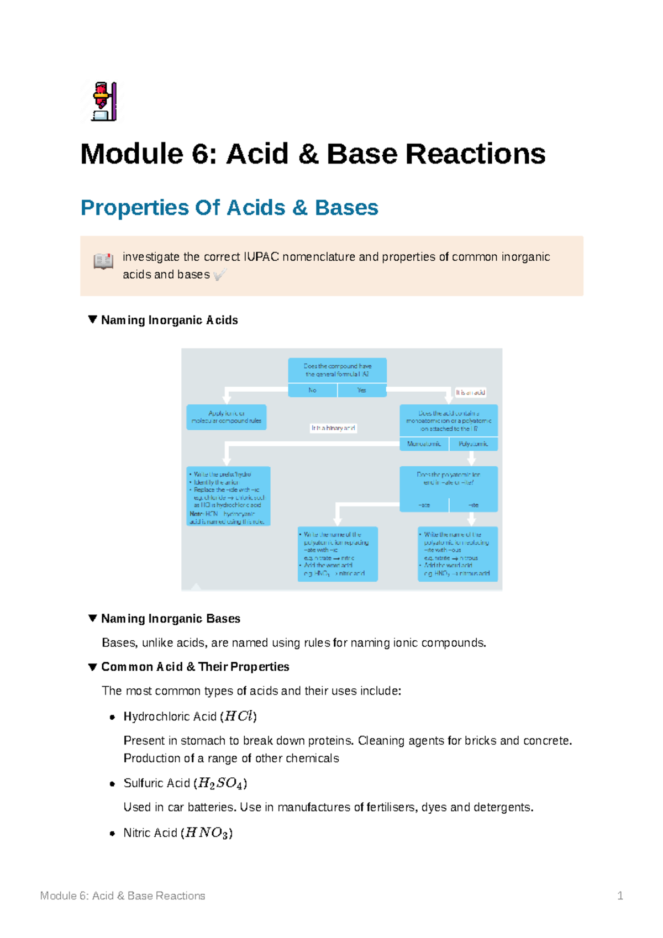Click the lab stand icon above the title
coord(103,102)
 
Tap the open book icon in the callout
coord(103,261)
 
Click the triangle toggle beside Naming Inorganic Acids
coord(93,320)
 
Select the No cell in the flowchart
coord(312,390)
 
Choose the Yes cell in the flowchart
coord(361,390)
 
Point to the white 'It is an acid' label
coord(470,392)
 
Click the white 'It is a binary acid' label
coord(333,428)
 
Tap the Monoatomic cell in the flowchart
coord(424,444)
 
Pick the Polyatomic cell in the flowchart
coord(473,444)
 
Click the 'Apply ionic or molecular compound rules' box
coord(227,417)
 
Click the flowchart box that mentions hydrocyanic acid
coord(228,496)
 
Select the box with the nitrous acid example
coord(457,554)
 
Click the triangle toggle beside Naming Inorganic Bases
coord(93,618)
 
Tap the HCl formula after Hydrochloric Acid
coord(238,716)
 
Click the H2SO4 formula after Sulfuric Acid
coord(220,783)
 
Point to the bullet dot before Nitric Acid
coord(112,834)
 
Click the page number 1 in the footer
coord(620,896)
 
